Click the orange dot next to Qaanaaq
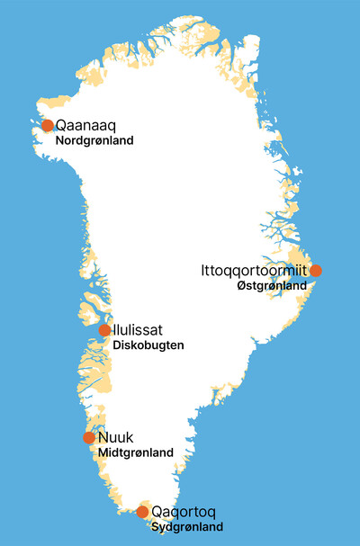tap(48, 126)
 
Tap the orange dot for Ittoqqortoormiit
tap(315, 270)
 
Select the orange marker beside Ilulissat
tap(104, 330)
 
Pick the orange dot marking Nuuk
tap(88, 438)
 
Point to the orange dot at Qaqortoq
tap(142, 512)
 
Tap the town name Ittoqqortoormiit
tap(255, 270)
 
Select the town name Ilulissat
tap(138, 330)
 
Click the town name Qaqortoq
tap(184, 512)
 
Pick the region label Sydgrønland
tap(186, 527)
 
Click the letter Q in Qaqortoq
tap(158, 512)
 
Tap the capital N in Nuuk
tap(102, 438)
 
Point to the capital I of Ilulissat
tap(114, 330)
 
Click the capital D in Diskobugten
tap(118, 345)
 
